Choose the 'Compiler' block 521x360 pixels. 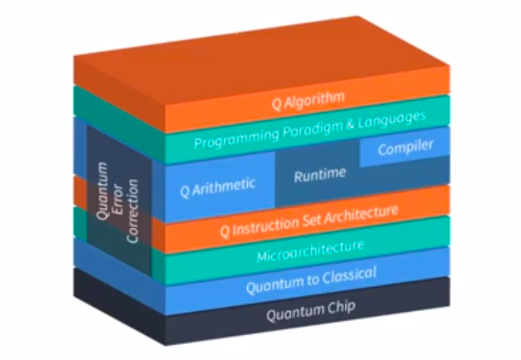click(x=405, y=148)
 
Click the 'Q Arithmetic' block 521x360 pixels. click(x=218, y=186)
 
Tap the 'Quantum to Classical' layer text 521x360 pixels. click(x=311, y=281)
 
